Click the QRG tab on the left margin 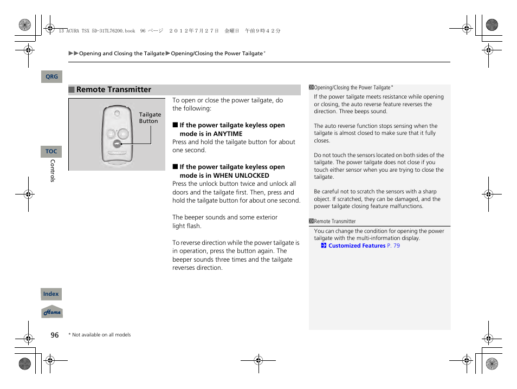click(x=51, y=77)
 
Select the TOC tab click(x=51, y=152)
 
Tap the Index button click(x=51, y=294)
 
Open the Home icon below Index click(x=52, y=313)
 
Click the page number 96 click(x=55, y=335)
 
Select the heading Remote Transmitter click(x=114, y=90)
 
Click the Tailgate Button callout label click(x=150, y=118)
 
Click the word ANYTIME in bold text click(x=228, y=134)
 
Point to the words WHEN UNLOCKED click(x=241, y=176)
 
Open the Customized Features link click(x=357, y=246)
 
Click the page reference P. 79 click(x=393, y=246)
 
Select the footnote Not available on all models click(x=101, y=335)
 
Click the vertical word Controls click(x=53, y=171)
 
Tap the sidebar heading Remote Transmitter click(x=335, y=222)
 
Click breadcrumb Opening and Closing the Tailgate click(x=121, y=54)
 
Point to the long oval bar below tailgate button click(x=117, y=153)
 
